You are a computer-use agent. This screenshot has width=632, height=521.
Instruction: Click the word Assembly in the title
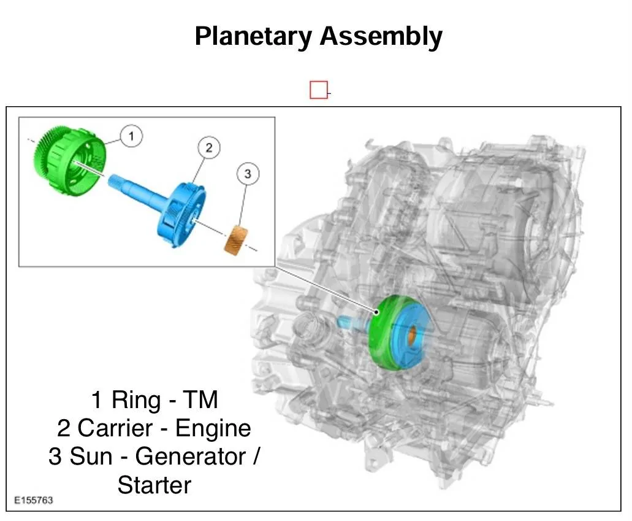(381, 37)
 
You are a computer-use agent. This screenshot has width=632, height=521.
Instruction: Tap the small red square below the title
(319, 90)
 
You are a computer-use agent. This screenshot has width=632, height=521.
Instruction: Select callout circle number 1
(131, 136)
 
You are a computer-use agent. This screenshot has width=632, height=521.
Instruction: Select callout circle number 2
(208, 147)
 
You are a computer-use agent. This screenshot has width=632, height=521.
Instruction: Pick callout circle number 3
(248, 174)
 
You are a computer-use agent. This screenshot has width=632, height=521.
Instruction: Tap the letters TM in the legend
(202, 400)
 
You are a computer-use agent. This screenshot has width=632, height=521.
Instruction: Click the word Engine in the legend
(213, 428)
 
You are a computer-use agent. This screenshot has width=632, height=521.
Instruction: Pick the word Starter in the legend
(154, 485)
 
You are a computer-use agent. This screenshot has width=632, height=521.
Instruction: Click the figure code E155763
(33, 500)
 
